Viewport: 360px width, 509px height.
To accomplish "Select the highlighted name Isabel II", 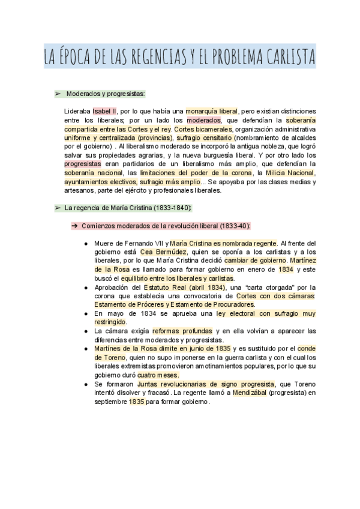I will pyautogui.click(x=105, y=111).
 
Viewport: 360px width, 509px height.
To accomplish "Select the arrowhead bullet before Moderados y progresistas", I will pyautogui.click(x=58, y=94).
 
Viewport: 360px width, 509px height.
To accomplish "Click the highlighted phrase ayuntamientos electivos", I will pyautogui.click(x=100, y=181).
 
